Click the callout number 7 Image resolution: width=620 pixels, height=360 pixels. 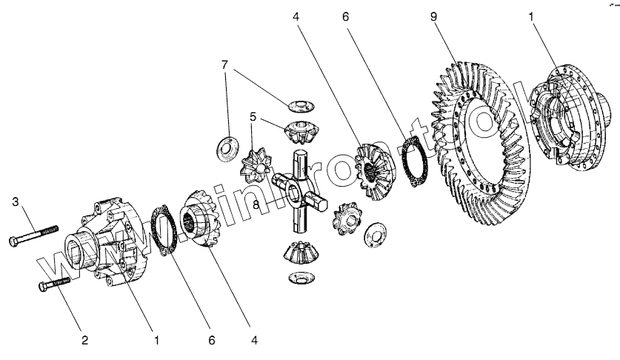click(x=224, y=66)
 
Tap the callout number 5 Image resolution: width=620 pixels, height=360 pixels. click(x=252, y=117)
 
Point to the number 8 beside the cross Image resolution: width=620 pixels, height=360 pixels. click(x=256, y=205)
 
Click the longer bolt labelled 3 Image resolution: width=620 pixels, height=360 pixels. click(x=37, y=236)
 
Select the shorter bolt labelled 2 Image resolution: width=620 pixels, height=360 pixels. click(x=52, y=284)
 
